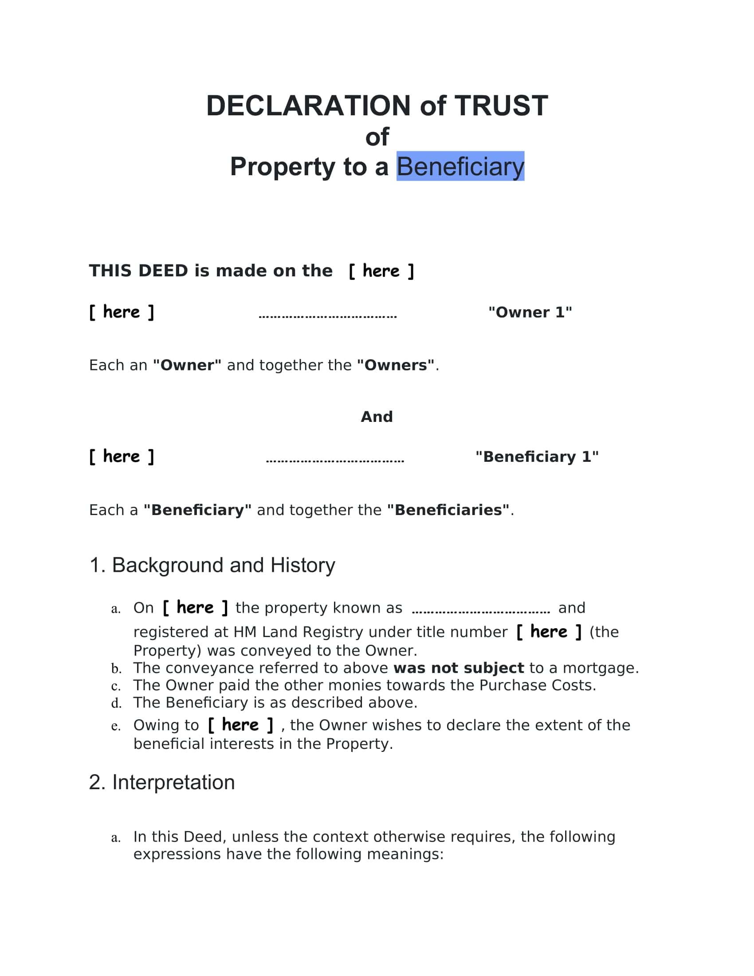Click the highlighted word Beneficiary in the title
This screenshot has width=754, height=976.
point(460,167)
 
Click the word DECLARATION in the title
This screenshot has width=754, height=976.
point(308,106)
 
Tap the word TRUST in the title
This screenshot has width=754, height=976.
point(501,106)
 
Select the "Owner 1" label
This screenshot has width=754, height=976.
point(530,312)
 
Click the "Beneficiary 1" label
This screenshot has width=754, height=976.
point(537,457)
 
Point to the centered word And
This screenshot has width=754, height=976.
point(377,417)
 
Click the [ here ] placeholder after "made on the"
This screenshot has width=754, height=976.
point(381,271)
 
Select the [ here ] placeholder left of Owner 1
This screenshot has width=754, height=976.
point(122,312)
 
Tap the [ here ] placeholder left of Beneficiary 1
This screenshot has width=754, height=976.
point(122,456)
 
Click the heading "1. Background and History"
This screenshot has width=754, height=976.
point(212,565)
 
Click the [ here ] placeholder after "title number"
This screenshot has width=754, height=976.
point(549,632)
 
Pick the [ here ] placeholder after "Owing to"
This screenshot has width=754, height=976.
point(240,725)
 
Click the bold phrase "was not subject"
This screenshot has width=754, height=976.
point(458,668)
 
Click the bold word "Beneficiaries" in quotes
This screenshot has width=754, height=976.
point(448,510)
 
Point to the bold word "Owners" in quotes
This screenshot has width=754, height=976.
point(395,365)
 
